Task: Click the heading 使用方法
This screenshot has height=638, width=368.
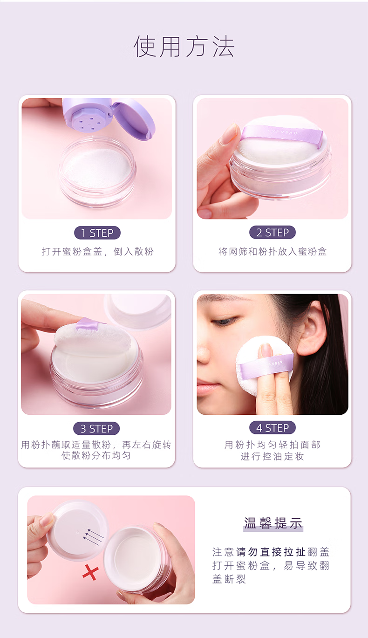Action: [x=184, y=47]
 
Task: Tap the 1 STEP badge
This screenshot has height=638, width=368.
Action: [x=97, y=233]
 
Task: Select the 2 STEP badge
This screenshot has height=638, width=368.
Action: [x=273, y=232]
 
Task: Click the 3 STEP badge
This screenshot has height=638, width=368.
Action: [x=96, y=428]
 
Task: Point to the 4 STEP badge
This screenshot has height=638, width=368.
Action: [x=273, y=427]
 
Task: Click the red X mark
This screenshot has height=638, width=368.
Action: [x=90, y=572]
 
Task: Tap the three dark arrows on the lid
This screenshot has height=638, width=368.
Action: [x=93, y=537]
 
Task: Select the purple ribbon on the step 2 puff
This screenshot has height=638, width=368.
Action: [x=281, y=135]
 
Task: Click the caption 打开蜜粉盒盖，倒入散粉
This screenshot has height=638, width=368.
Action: [x=98, y=252]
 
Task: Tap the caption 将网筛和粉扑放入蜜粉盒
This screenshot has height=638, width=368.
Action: [x=273, y=252]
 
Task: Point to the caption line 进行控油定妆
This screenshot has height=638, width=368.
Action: [x=273, y=456]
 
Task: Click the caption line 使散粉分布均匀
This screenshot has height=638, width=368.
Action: [x=96, y=455]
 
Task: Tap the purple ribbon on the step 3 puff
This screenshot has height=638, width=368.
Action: [x=88, y=324]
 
